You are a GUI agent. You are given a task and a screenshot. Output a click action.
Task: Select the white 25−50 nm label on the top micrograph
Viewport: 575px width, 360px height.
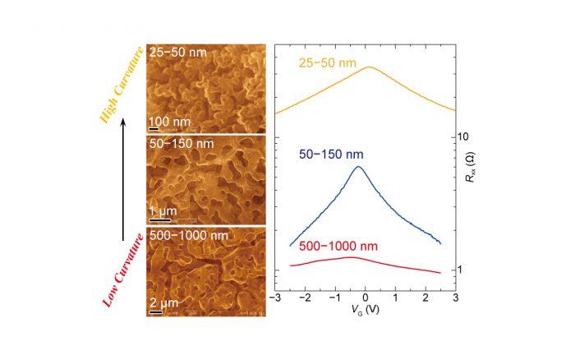click(x=178, y=53)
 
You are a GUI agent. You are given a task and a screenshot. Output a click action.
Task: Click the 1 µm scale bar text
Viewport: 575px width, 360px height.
click(x=165, y=214)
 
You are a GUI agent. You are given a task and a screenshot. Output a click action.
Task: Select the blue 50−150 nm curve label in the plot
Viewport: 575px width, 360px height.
click(x=328, y=154)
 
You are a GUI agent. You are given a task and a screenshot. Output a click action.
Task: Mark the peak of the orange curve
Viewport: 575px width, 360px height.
click(x=369, y=67)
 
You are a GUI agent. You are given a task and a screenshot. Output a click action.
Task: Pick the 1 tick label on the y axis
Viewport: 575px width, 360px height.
click(x=462, y=270)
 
